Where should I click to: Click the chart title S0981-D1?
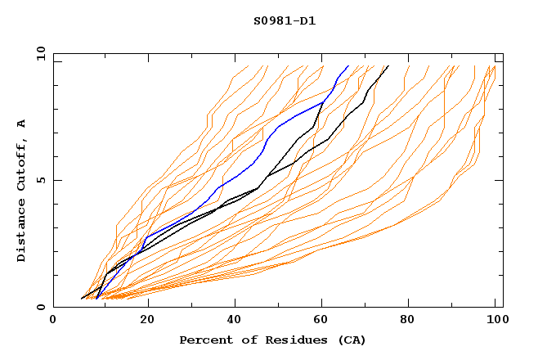[x=285, y=20]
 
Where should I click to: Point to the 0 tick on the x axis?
[x=53, y=320]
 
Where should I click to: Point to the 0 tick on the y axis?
[x=42, y=308]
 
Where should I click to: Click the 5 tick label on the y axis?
[x=42, y=180]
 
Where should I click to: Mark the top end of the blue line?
[x=348, y=65]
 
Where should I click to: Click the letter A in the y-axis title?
[x=22, y=123]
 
